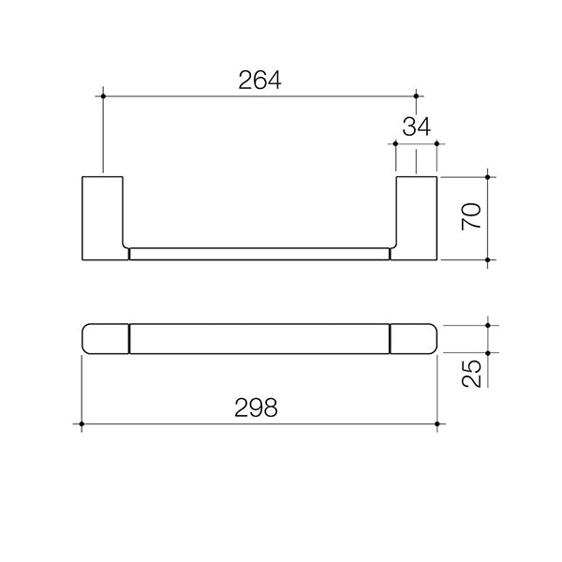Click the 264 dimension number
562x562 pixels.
(x=259, y=81)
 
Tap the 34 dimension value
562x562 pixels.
(x=418, y=126)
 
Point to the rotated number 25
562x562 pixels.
(x=472, y=372)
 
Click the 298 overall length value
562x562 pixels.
(x=257, y=407)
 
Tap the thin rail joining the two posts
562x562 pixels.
(x=259, y=253)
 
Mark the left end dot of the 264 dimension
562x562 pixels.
(x=102, y=96)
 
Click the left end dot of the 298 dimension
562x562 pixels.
(x=82, y=425)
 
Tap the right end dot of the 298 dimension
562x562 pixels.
(x=437, y=425)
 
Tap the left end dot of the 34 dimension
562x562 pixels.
(x=397, y=144)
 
